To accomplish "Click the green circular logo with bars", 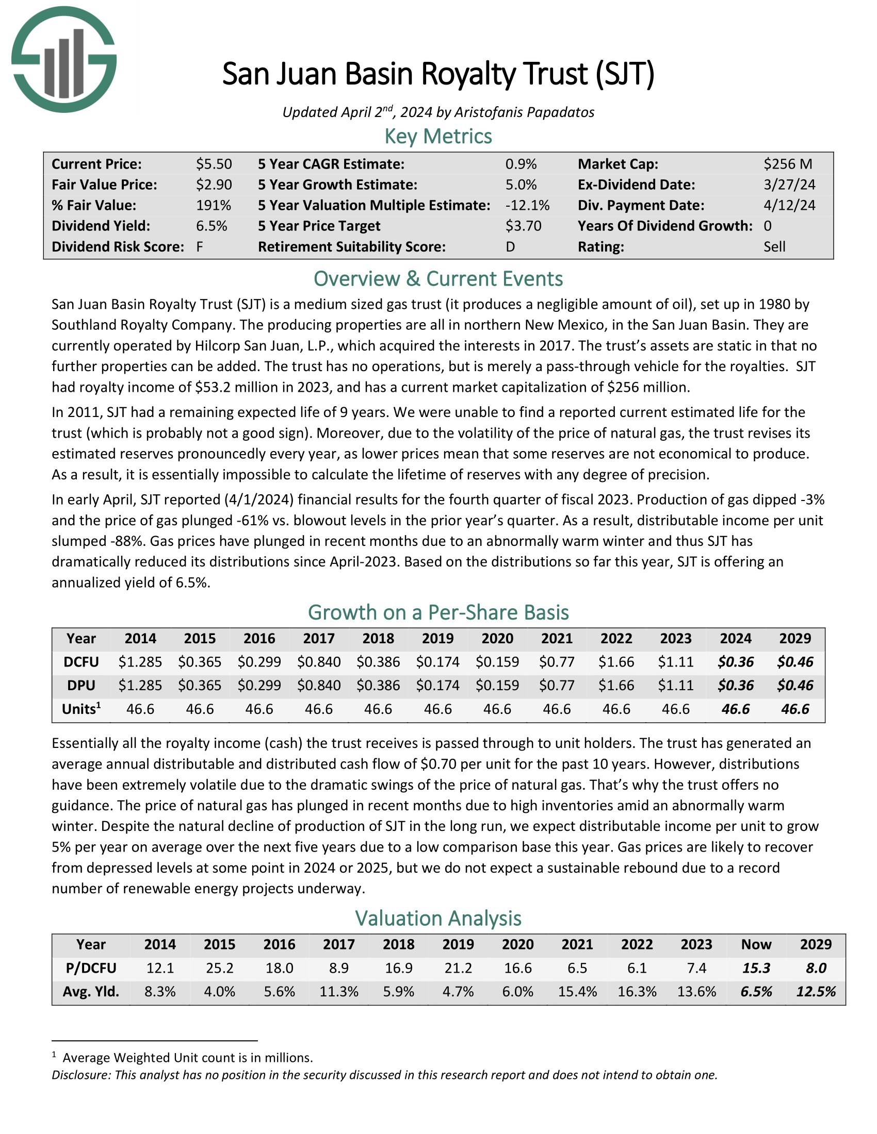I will tap(64, 59).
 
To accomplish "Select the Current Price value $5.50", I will tap(214, 164).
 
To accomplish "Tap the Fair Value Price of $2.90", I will tap(214, 185).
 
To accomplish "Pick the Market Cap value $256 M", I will tap(787, 164).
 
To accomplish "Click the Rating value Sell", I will tap(774, 246).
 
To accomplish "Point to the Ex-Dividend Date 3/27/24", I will tap(789, 185).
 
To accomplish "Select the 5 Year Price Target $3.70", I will tap(523, 226).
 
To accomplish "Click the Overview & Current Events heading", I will tap(438, 279).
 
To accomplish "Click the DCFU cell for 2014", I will tap(140, 662).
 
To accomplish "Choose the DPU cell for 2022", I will tap(616, 686).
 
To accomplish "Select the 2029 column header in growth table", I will tap(795, 638).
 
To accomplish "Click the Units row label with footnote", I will tap(80, 709).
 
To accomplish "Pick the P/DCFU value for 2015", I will tap(219, 968).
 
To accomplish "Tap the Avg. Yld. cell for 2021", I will tap(577, 992).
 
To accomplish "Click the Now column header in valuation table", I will tap(756, 944).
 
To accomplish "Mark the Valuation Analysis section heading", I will tap(438, 919).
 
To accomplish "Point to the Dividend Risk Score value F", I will tap(200, 246).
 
